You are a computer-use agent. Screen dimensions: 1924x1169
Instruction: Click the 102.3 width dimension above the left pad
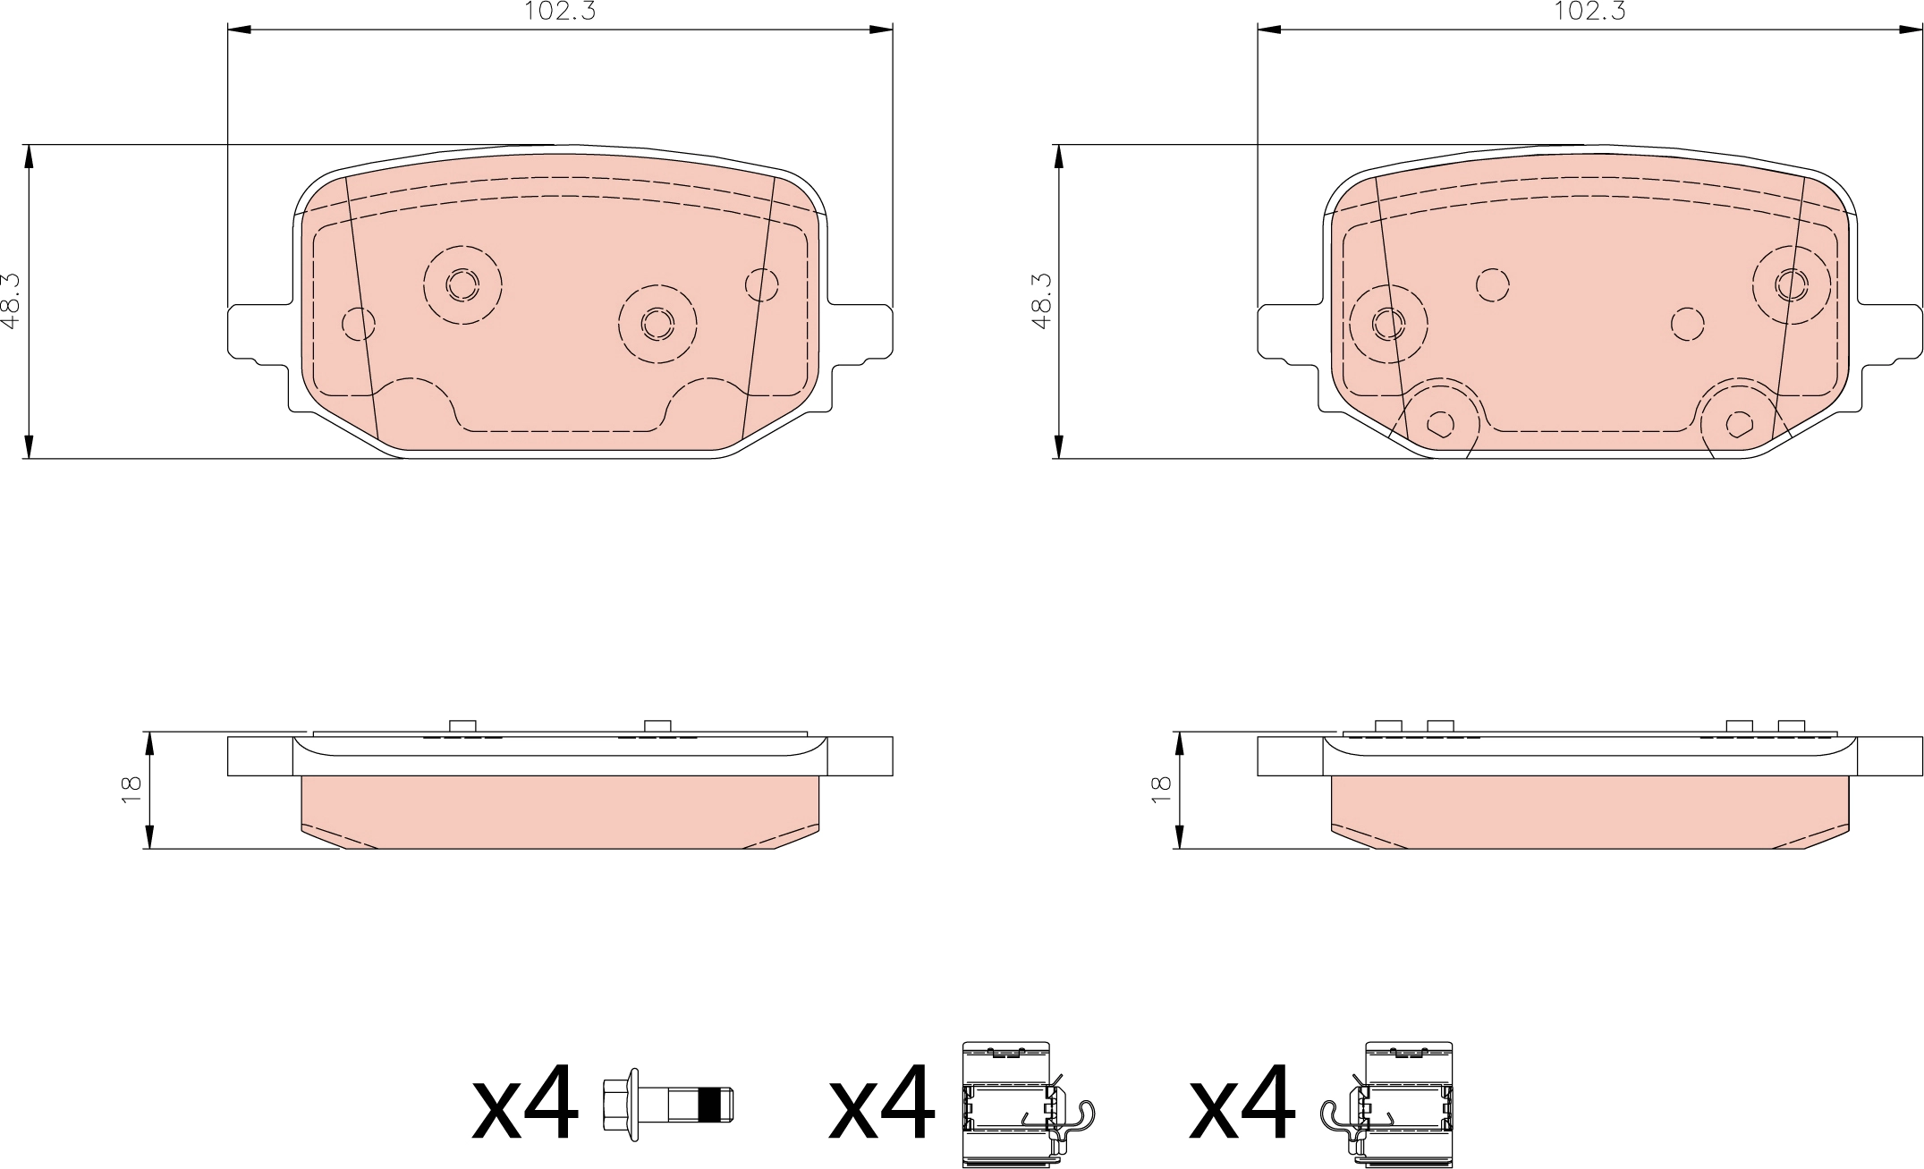(x=560, y=11)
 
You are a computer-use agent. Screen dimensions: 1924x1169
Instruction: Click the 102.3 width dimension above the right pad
(x=1589, y=11)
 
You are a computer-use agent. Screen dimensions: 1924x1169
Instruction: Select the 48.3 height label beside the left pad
(x=11, y=301)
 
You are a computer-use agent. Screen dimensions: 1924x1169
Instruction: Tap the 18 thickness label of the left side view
(x=131, y=789)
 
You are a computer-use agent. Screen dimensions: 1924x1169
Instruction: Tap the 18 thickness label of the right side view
(x=1161, y=789)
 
